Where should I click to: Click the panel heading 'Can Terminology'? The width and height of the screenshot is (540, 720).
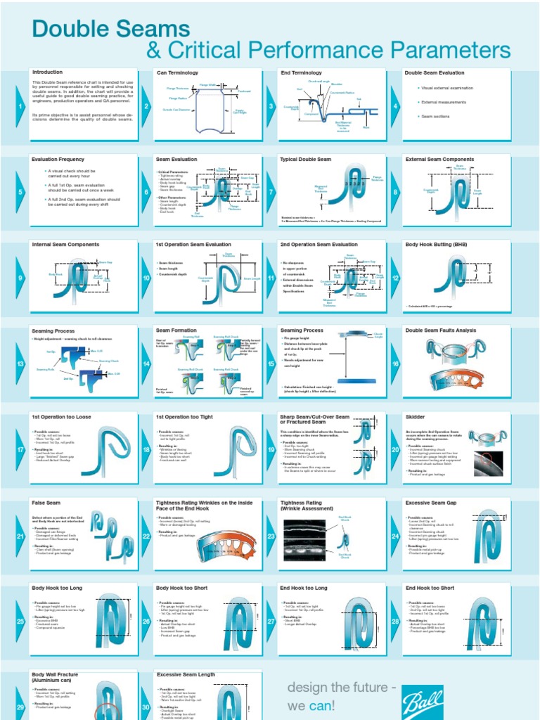[x=177, y=72]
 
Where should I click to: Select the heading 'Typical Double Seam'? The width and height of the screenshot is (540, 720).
[x=305, y=160]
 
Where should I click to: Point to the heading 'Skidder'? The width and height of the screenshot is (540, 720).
[x=416, y=416]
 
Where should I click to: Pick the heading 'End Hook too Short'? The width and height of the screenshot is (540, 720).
[x=430, y=588]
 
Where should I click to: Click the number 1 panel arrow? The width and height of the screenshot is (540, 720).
[x=20, y=106]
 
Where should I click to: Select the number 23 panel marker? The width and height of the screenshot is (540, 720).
[x=271, y=536]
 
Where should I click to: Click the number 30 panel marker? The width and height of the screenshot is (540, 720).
[x=146, y=707]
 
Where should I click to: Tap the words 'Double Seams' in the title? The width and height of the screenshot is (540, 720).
[x=111, y=29]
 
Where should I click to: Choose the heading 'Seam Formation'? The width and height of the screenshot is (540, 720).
[x=176, y=330]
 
